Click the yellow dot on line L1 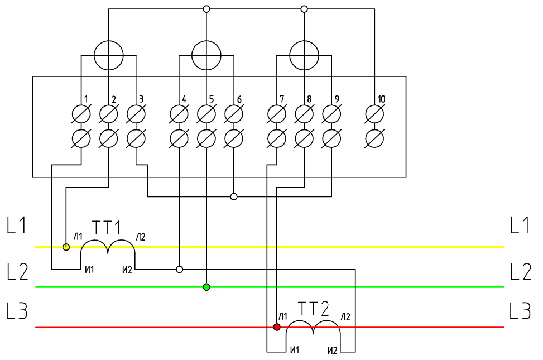(66, 247)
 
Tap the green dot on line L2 (206, 287)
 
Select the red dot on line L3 (277, 327)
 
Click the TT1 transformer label (107, 228)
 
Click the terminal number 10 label (381, 99)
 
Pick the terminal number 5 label (212, 99)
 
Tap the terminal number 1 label (87, 99)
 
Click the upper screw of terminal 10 (374, 115)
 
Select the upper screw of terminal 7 (277, 115)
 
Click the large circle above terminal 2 (108, 55)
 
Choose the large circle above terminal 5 (206, 55)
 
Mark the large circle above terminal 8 (304, 55)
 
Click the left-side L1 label (17, 226)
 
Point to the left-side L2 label (17, 272)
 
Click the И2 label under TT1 (127, 271)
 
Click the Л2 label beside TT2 (347, 317)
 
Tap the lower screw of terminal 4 (179, 138)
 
